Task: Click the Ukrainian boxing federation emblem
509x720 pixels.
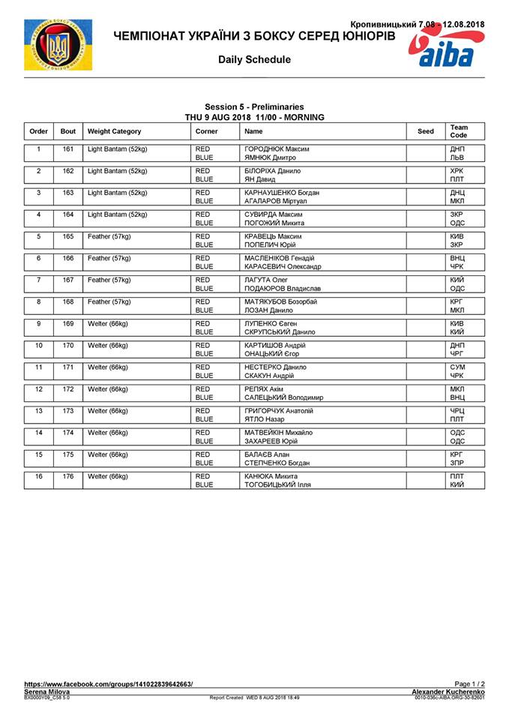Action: tap(58, 45)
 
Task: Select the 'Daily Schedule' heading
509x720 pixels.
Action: tap(254, 59)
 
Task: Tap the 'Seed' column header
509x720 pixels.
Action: tap(425, 131)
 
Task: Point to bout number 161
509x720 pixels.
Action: tap(67, 149)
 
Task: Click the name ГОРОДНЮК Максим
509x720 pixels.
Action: tap(277, 149)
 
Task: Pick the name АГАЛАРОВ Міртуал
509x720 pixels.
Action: tap(280, 202)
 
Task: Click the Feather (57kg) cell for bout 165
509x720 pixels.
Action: tap(109, 236)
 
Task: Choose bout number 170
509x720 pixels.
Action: tap(67, 346)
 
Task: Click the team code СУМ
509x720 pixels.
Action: tap(457, 367)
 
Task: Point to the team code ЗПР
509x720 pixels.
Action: tap(457, 463)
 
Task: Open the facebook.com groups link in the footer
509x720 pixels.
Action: tap(108, 684)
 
